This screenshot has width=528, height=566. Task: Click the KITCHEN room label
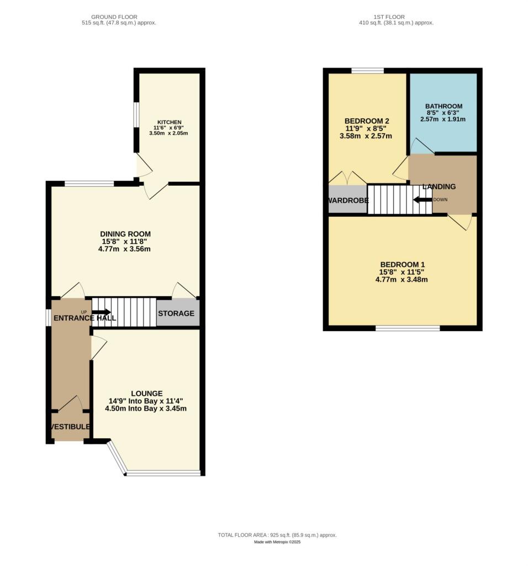(170, 122)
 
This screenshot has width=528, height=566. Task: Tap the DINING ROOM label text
(125, 234)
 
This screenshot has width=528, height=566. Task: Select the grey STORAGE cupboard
(176, 313)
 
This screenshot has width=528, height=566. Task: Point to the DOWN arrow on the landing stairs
(423, 200)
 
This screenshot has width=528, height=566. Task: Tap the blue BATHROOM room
(443, 113)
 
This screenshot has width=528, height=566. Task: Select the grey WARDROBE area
(347, 200)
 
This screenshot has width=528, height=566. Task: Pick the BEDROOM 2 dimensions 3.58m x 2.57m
(366, 136)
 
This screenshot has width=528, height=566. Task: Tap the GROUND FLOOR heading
(115, 17)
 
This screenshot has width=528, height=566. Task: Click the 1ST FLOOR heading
(395, 17)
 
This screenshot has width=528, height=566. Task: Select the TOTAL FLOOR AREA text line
(277, 535)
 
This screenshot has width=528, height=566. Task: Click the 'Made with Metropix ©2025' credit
(277, 542)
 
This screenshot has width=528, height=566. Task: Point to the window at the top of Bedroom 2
(368, 71)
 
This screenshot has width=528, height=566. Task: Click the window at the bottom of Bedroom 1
(408, 328)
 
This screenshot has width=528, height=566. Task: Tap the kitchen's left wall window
(136, 117)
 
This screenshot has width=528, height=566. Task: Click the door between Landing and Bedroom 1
(460, 221)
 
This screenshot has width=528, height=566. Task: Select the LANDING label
(439, 187)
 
